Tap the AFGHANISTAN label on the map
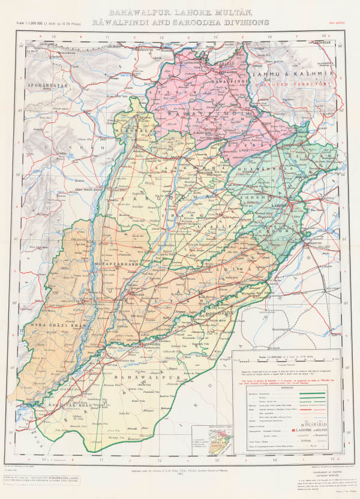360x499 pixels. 46,85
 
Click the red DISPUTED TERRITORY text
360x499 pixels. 298,85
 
